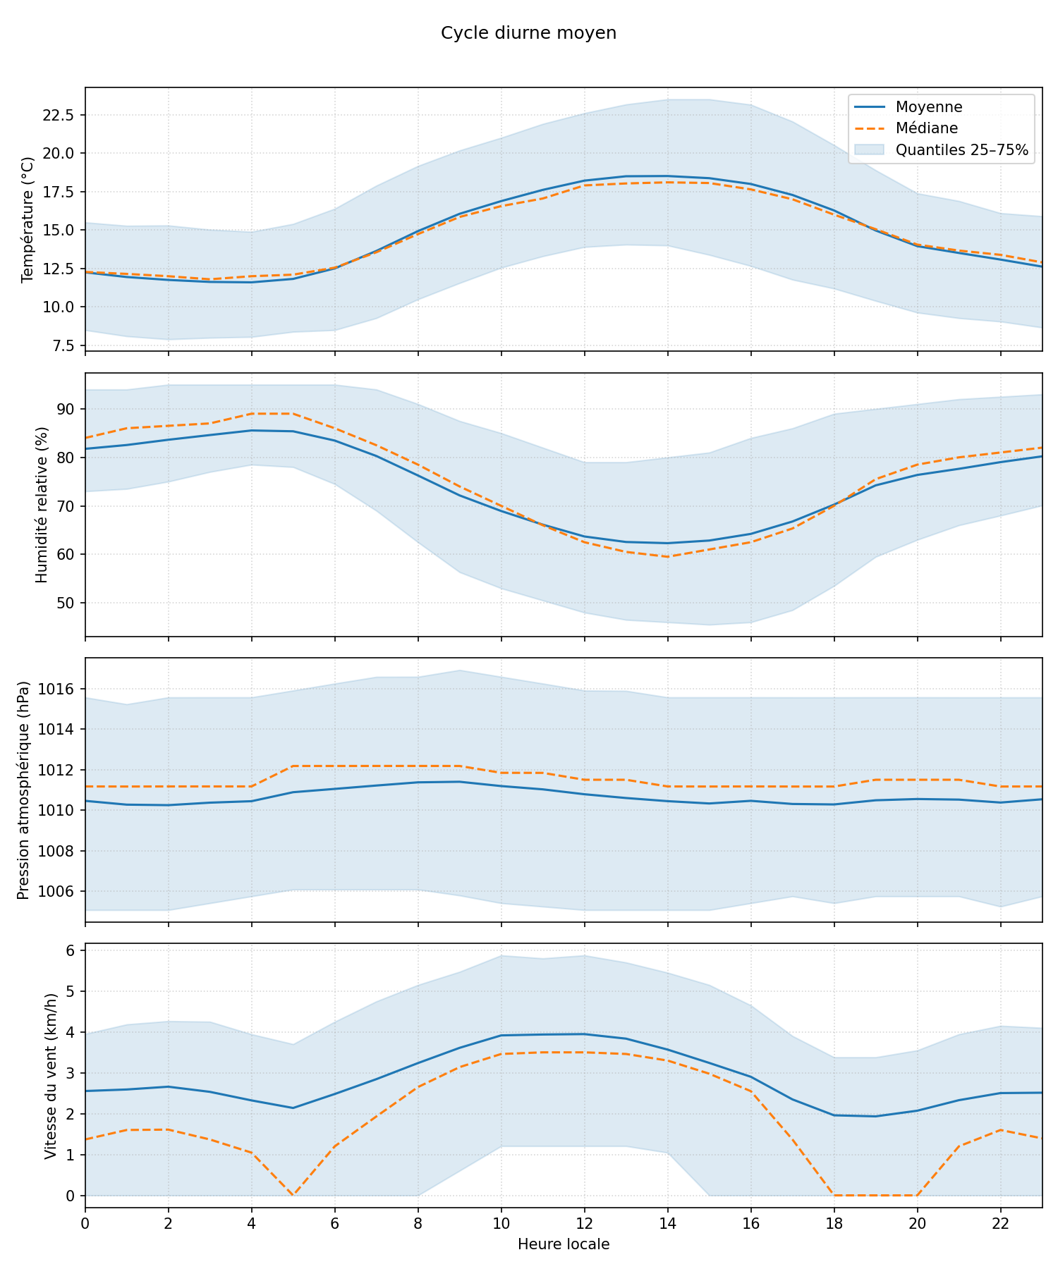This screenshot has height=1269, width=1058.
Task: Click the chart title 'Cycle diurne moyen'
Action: click(x=528, y=33)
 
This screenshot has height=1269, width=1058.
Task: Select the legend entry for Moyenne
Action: click(x=929, y=107)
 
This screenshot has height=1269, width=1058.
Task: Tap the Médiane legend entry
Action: click(x=927, y=128)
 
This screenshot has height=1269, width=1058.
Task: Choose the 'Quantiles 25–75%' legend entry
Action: click(x=961, y=150)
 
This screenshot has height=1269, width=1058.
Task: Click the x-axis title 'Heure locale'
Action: click(x=564, y=1244)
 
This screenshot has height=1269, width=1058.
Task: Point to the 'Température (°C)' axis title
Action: click(x=28, y=219)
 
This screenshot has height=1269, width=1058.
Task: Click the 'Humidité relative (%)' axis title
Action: click(x=42, y=505)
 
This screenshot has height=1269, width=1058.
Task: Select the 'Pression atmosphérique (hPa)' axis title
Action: click(x=23, y=790)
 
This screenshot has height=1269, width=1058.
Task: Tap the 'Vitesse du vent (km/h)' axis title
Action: click(x=50, y=1075)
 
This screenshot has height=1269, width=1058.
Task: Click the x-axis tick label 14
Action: click(x=667, y=1221)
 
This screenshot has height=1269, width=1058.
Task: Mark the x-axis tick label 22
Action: click(x=1000, y=1221)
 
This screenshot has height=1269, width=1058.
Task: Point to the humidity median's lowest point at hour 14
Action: click(x=667, y=557)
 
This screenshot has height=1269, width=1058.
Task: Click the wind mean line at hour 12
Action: click(x=584, y=1034)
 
